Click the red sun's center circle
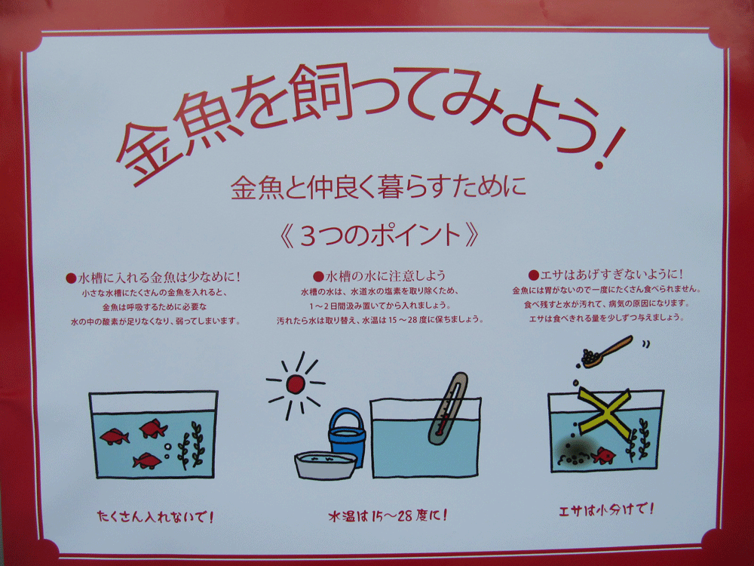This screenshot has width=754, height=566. point(296,385)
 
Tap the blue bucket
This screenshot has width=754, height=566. point(347,437)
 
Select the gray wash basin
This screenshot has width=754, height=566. point(326,465)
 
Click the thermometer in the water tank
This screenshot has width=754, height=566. point(448,408)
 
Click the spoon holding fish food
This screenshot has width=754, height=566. point(607,352)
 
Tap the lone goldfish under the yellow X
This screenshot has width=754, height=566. point(603,455)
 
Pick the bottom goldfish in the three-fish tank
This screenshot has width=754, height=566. point(147,460)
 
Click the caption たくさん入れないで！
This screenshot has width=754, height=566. point(155,516)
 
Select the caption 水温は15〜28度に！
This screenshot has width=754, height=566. point(388,516)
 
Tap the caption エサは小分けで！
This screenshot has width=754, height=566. point(606,509)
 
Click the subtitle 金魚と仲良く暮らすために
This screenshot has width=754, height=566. point(378,188)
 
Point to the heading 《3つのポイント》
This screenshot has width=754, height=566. point(379,235)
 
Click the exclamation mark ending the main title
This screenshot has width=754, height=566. point(610,148)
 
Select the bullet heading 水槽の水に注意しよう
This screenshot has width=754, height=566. point(380,275)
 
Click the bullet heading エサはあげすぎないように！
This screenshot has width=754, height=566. point(606,275)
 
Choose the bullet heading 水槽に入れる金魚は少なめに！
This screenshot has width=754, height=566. point(153,277)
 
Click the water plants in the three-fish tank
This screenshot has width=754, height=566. point(191,445)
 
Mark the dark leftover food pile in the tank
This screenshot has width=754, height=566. point(574,452)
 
